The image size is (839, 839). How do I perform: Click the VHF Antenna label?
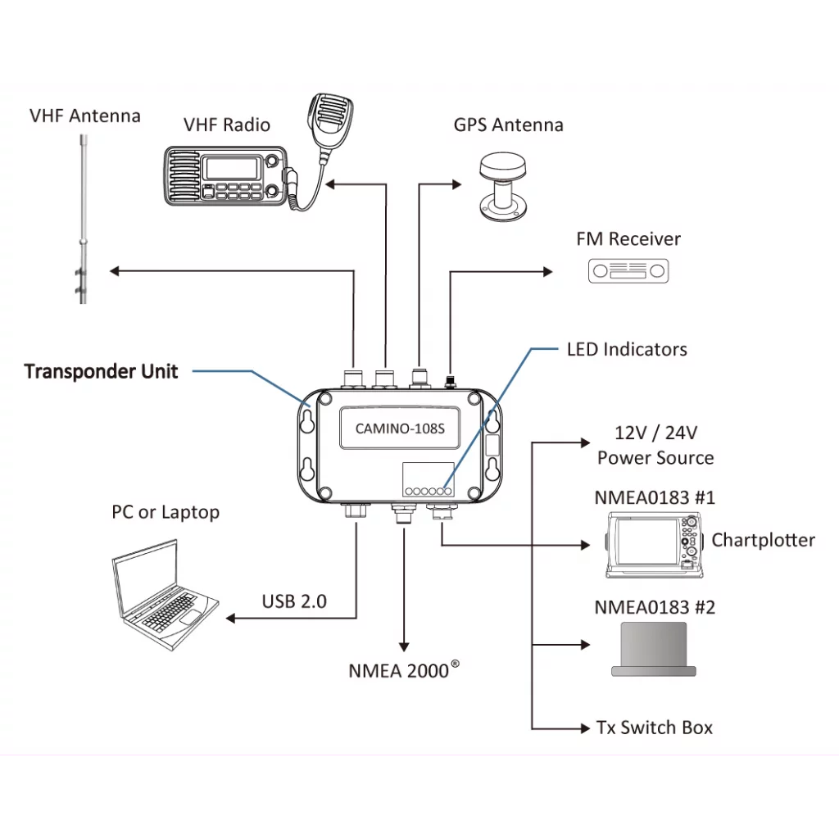coord(84,116)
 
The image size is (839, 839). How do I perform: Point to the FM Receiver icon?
coord(628,270)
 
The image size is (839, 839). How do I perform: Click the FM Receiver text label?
coord(628,239)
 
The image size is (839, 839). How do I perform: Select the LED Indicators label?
coord(627,349)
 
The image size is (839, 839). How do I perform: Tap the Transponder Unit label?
coord(101,371)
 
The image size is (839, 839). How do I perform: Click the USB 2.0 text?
coord(294,601)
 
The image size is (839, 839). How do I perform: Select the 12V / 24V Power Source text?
coord(655,445)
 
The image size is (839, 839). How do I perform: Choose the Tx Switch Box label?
coord(654,728)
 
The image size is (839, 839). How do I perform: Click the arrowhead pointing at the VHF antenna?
coord(116,271)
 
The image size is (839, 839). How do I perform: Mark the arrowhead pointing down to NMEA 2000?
coord(403,645)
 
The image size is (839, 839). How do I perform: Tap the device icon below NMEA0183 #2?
coord(653,650)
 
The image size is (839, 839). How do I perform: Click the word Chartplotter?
coord(763,540)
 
